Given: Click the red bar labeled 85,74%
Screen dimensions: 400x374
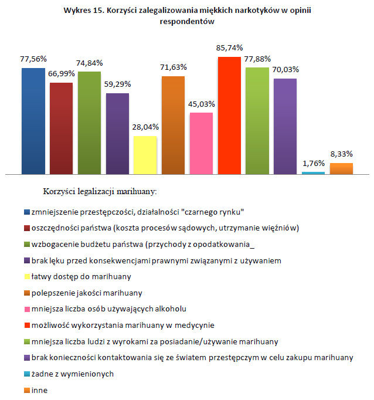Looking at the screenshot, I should click(x=229, y=116).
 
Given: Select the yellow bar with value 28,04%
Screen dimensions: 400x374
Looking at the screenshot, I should click(x=145, y=155).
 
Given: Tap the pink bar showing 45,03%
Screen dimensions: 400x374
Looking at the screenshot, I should click(x=201, y=143).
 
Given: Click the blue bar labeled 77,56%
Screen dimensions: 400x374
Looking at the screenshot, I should click(x=33, y=121).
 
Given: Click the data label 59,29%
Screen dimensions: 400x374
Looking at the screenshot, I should click(x=118, y=84).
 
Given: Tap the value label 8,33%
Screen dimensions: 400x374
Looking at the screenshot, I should click(x=341, y=154).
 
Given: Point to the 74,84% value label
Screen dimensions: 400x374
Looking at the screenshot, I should click(x=90, y=63).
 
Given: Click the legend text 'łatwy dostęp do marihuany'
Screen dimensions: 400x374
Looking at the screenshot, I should click(x=76, y=276).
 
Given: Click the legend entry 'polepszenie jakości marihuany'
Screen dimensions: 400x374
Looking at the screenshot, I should click(x=83, y=292).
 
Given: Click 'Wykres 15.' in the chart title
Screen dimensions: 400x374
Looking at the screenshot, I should click(x=83, y=10).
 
